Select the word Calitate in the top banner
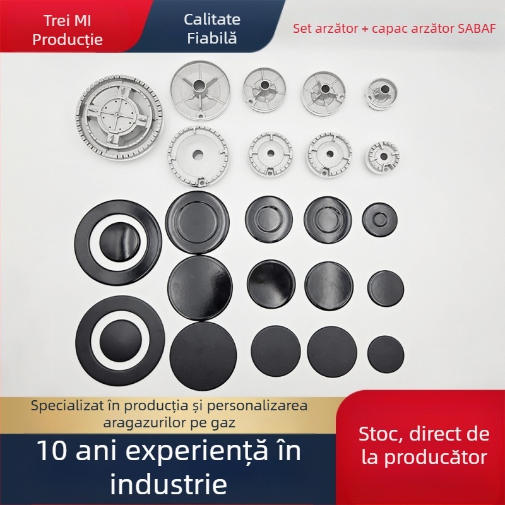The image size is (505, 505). tap(212, 19)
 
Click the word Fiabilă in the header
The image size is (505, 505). tap(212, 38)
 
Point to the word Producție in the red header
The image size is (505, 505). tap(68, 40)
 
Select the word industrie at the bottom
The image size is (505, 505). tap(169, 485)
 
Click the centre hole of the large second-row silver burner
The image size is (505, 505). tap(198, 155)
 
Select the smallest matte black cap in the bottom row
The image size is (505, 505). tap(386, 353)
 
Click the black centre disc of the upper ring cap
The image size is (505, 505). tap(117, 242)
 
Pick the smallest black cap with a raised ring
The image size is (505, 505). tap(379, 220)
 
